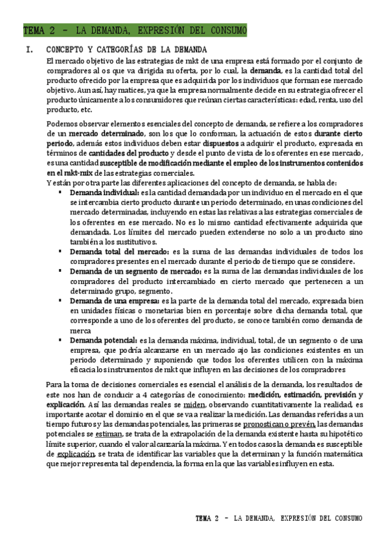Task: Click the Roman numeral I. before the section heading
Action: click(x=27, y=50)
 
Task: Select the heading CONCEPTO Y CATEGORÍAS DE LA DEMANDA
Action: click(x=127, y=50)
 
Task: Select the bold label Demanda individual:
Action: click(x=104, y=193)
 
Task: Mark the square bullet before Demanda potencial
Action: click(x=60, y=339)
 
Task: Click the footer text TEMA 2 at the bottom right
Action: click(x=211, y=518)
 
